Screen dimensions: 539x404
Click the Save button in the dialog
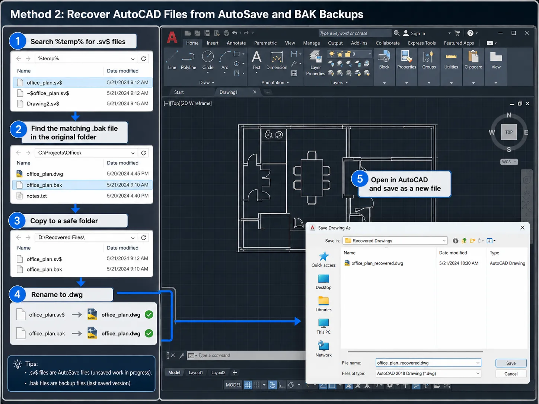(511, 363)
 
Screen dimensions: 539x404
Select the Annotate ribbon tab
(236, 43)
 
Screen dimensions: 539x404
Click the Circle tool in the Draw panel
(208, 60)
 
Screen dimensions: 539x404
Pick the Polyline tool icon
(188, 57)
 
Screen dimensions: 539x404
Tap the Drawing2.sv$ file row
(83, 103)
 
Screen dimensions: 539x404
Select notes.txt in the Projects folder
(83, 196)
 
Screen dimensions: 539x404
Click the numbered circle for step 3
(17, 221)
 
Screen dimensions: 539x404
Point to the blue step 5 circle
(360, 179)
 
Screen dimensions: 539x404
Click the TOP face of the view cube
(509, 132)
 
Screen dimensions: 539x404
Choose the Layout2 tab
(218, 372)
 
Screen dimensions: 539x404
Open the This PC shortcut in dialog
(323, 326)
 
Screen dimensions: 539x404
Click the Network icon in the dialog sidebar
(323, 346)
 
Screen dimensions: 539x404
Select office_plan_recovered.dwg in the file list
(377, 263)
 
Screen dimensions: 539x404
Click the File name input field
(428, 363)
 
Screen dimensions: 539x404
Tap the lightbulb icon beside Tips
(17, 364)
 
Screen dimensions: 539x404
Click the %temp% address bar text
(49, 58)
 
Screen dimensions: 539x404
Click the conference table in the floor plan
(312, 178)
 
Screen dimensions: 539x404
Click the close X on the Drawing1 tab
(255, 92)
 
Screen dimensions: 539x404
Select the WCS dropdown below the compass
(509, 162)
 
